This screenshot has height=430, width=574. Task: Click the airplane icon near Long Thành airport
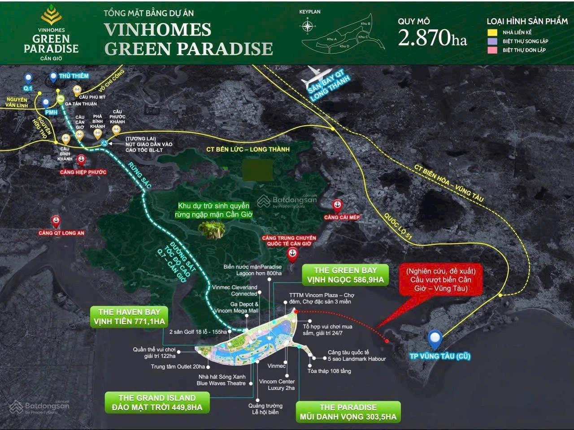pos(317,77)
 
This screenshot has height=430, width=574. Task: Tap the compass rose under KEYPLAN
pos(307,26)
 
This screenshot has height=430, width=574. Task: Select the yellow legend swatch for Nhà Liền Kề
pos(493,32)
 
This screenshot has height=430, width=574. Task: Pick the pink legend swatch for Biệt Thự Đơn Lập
pos(493,50)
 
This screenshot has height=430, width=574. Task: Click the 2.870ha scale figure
pos(432,38)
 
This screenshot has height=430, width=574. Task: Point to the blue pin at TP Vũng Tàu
pos(435,340)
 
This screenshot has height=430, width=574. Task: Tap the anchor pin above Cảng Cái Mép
pos(337,206)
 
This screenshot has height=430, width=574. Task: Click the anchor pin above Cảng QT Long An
pos(56,221)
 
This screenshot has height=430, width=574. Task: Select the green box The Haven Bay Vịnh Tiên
pos(130,317)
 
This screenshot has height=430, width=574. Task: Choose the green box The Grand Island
pos(157,402)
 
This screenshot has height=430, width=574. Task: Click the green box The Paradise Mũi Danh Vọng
pos(348,412)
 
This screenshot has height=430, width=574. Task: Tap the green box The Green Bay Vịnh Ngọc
pos(345,275)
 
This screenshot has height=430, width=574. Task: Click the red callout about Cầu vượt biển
pos(441,280)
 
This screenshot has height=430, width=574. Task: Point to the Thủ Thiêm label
pos(74,76)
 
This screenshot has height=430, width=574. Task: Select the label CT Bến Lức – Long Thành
pos(248,149)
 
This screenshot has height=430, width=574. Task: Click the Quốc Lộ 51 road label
pos(397,226)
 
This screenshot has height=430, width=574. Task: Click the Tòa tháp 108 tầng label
pos(329,371)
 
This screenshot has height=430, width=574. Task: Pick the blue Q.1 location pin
pos(28,79)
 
